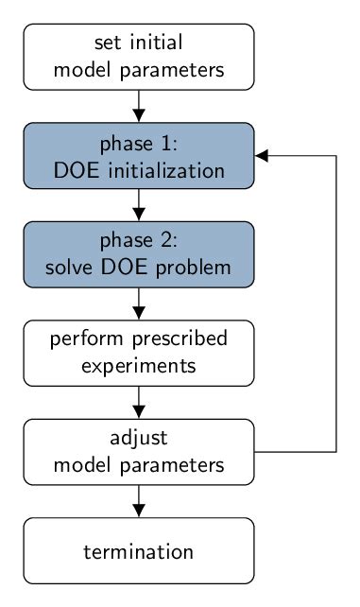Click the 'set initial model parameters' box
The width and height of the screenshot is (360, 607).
click(139, 56)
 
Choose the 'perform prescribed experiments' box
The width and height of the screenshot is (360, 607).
click(139, 352)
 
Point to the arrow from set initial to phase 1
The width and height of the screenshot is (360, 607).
click(139, 105)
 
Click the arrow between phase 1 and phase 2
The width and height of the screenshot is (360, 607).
click(139, 204)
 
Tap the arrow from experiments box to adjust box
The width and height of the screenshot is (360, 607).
click(139, 402)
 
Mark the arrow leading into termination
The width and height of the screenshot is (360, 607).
click(139, 500)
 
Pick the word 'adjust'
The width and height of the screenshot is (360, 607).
click(139, 438)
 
